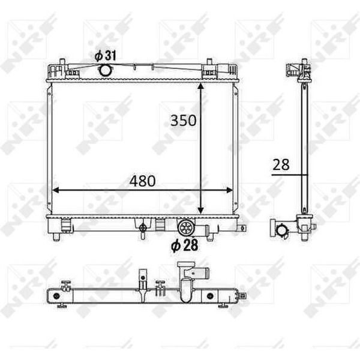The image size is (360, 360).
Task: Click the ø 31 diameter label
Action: pos(106,56)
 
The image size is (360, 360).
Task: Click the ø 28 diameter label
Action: pos(184,245)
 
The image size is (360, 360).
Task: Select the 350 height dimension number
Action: pos(183,121)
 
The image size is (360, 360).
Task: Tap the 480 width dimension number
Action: pos(142,181)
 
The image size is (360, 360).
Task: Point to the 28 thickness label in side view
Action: pos(281,165)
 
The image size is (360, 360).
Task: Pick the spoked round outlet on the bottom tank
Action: pos(185,228)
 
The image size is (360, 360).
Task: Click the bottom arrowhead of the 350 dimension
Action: pos(200,210)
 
